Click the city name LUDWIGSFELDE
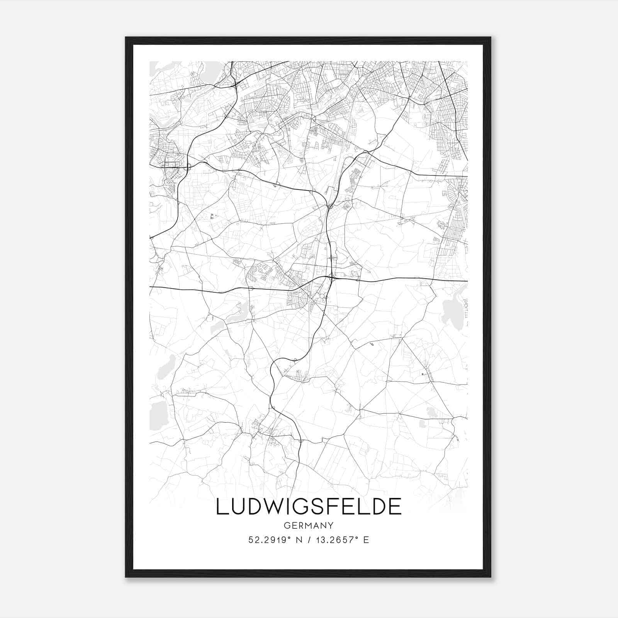coord(309,507)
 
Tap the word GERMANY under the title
coord(309,525)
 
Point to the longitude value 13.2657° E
coord(342,540)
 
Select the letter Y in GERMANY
coord(331,525)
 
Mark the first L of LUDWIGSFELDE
coord(221,507)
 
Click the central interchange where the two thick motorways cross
coord(331,277)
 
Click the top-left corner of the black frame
coord(126,38)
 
